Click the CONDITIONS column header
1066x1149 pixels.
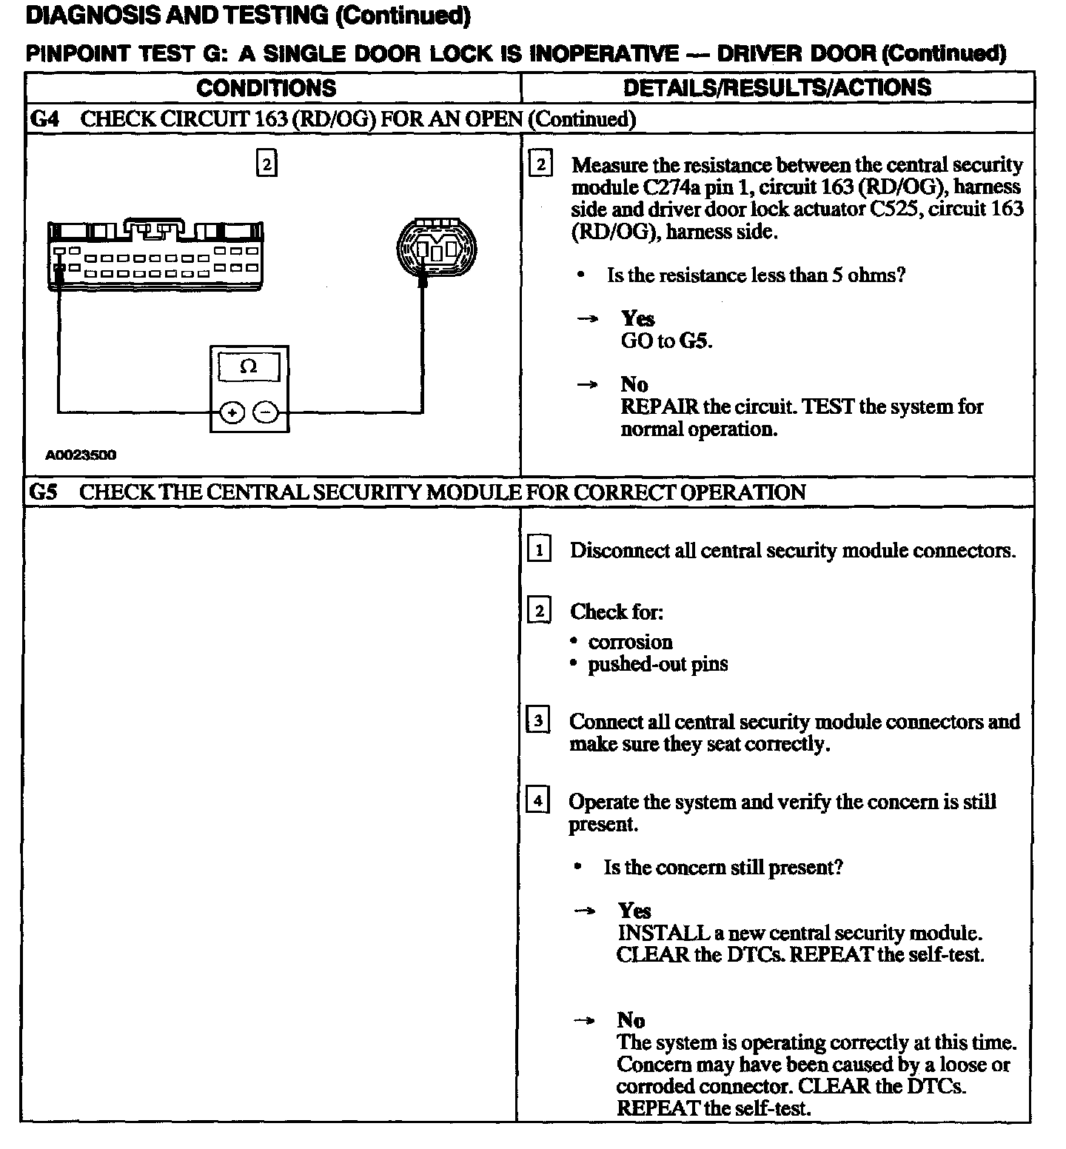266,88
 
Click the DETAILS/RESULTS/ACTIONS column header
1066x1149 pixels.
777,87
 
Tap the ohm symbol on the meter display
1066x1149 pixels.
249,366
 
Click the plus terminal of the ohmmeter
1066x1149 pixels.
232,412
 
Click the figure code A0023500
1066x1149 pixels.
81,455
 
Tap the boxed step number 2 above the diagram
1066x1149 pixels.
266,163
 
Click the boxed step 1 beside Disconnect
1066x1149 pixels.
539,550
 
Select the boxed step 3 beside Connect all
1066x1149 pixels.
537,720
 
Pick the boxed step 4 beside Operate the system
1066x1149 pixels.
537,800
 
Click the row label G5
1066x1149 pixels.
44,492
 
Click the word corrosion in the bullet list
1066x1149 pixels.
630,642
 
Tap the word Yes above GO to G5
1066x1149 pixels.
637,319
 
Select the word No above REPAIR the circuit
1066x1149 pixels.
634,384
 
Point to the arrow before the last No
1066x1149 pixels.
584,1021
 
